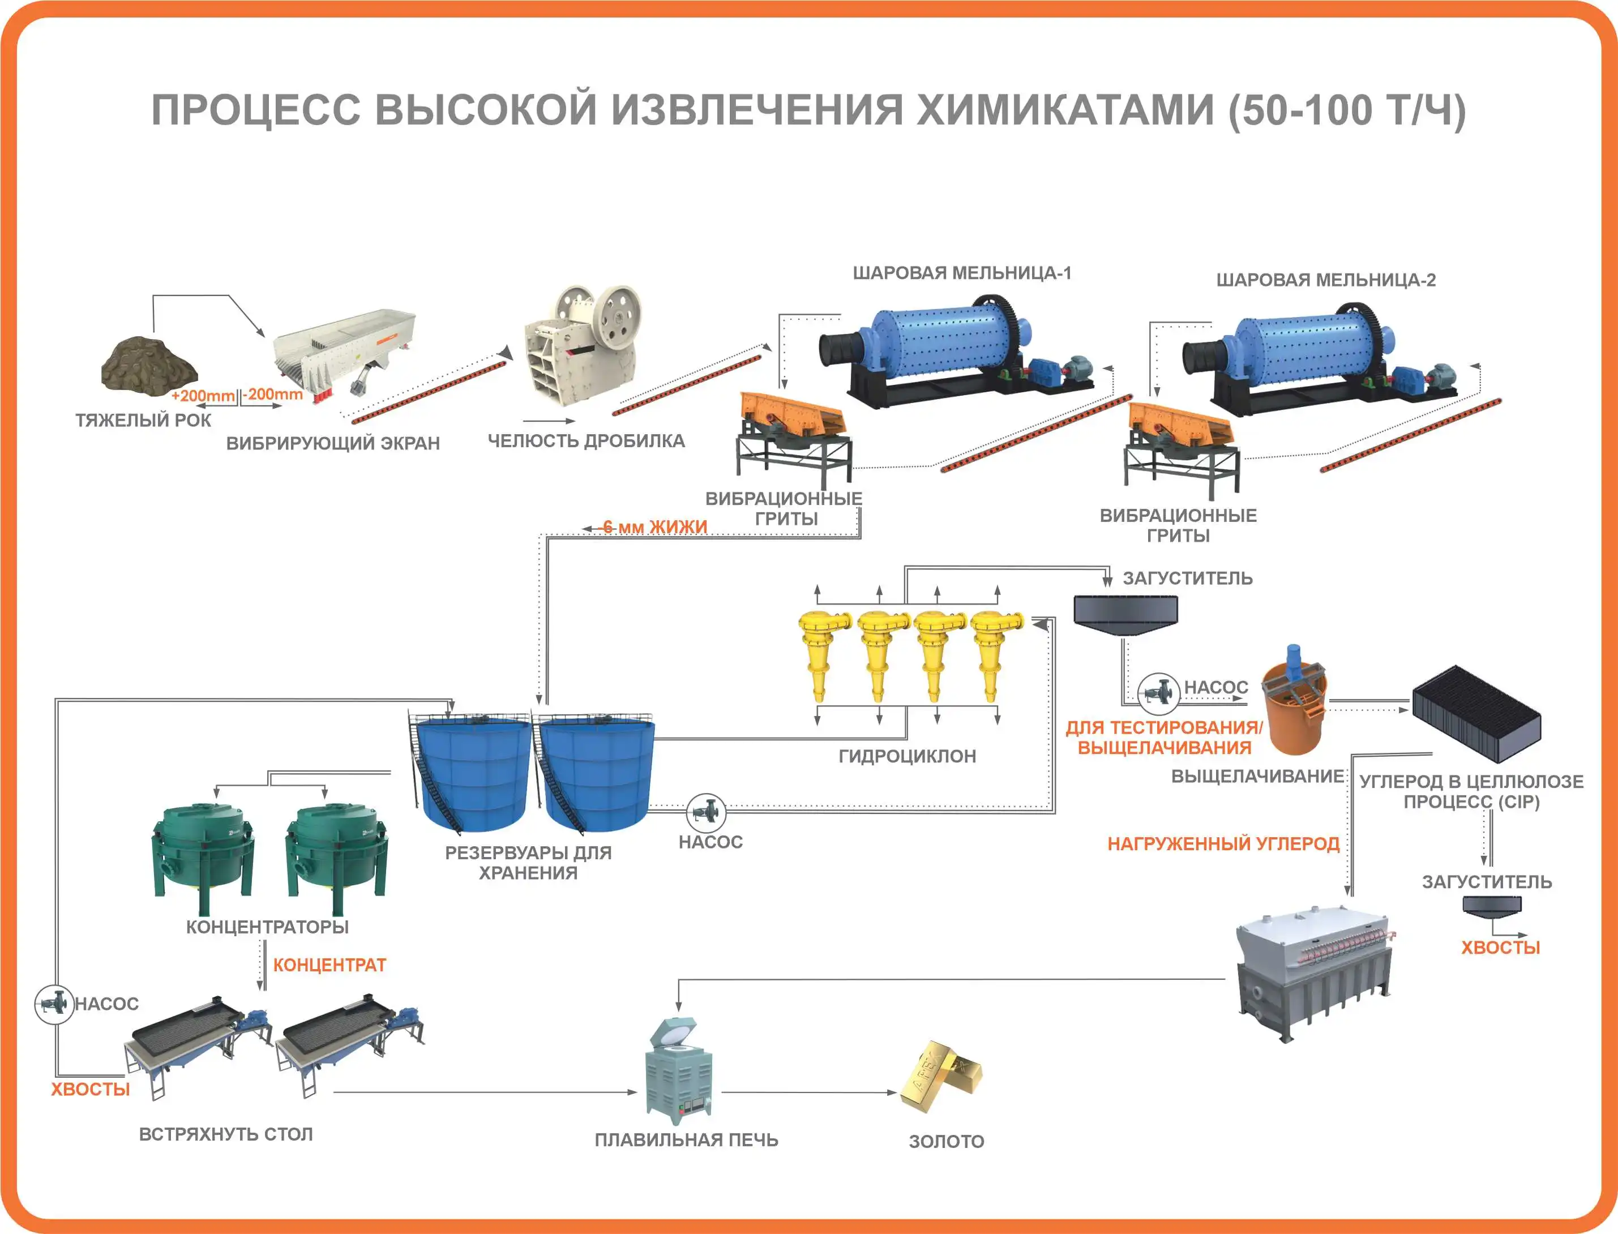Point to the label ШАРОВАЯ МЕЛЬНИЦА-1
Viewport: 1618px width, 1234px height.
(961, 273)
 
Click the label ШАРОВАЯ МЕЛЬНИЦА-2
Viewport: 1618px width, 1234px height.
(1326, 280)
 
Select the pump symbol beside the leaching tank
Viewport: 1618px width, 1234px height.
(1158, 692)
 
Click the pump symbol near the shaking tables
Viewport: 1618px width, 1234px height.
(54, 1004)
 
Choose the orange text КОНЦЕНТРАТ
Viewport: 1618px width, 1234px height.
(329, 965)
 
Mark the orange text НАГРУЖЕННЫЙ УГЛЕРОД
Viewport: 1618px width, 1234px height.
(1223, 844)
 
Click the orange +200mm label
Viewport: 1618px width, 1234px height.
(203, 396)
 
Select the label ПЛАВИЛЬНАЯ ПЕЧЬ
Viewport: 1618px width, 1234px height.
(686, 1140)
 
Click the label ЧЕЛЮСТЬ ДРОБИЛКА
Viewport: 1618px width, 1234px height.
(586, 441)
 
